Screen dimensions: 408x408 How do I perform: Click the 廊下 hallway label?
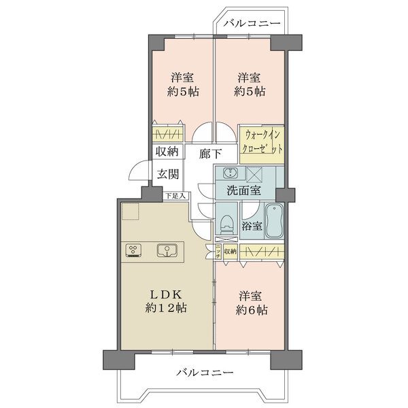[x=209, y=153]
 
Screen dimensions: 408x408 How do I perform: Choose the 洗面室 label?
[x=243, y=191]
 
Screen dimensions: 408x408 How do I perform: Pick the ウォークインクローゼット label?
[x=262, y=143]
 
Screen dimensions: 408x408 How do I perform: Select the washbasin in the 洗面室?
[x=229, y=173]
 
